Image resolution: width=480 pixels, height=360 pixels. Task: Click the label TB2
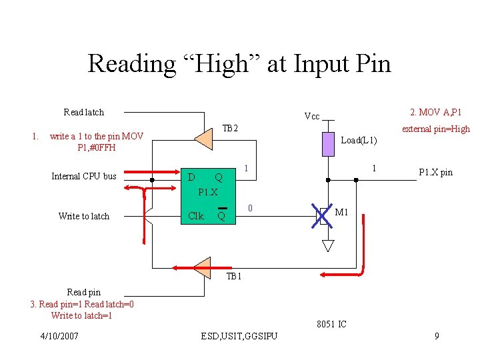(230, 128)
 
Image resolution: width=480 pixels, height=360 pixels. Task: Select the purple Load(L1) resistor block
(327, 144)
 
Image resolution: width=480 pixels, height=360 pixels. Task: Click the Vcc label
(311, 117)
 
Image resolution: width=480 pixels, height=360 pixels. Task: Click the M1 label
(342, 213)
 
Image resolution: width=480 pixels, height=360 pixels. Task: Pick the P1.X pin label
(435, 173)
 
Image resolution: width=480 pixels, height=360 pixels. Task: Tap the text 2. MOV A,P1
(435, 112)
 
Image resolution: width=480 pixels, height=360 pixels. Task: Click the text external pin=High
(435, 129)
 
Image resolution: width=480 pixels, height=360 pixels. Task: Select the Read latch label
(83, 112)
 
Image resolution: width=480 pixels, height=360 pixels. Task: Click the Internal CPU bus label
(84, 177)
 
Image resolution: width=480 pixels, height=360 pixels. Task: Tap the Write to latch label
(84, 216)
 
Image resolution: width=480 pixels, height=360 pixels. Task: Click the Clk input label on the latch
(196, 216)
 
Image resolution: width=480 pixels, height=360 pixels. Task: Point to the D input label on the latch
(191, 177)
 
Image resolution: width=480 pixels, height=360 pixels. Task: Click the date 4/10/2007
(59, 336)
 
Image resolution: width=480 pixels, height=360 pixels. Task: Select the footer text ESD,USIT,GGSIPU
(239, 336)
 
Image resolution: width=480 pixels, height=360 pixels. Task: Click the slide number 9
(437, 336)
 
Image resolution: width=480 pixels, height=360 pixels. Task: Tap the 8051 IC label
(332, 325)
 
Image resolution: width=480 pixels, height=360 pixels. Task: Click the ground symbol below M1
(327, 245)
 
